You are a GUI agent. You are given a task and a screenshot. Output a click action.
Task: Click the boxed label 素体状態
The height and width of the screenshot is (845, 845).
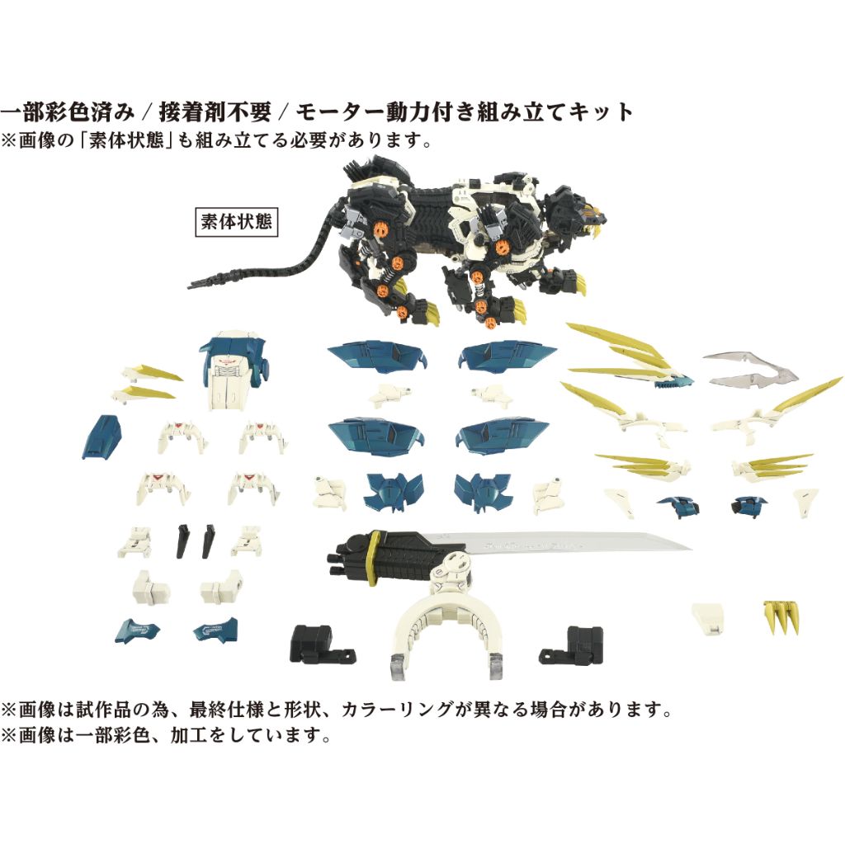pyautogui.click(x=236, y=222)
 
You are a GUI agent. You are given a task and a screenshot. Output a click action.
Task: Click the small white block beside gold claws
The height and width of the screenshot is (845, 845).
pyautogui.click(x=710, y=617)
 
